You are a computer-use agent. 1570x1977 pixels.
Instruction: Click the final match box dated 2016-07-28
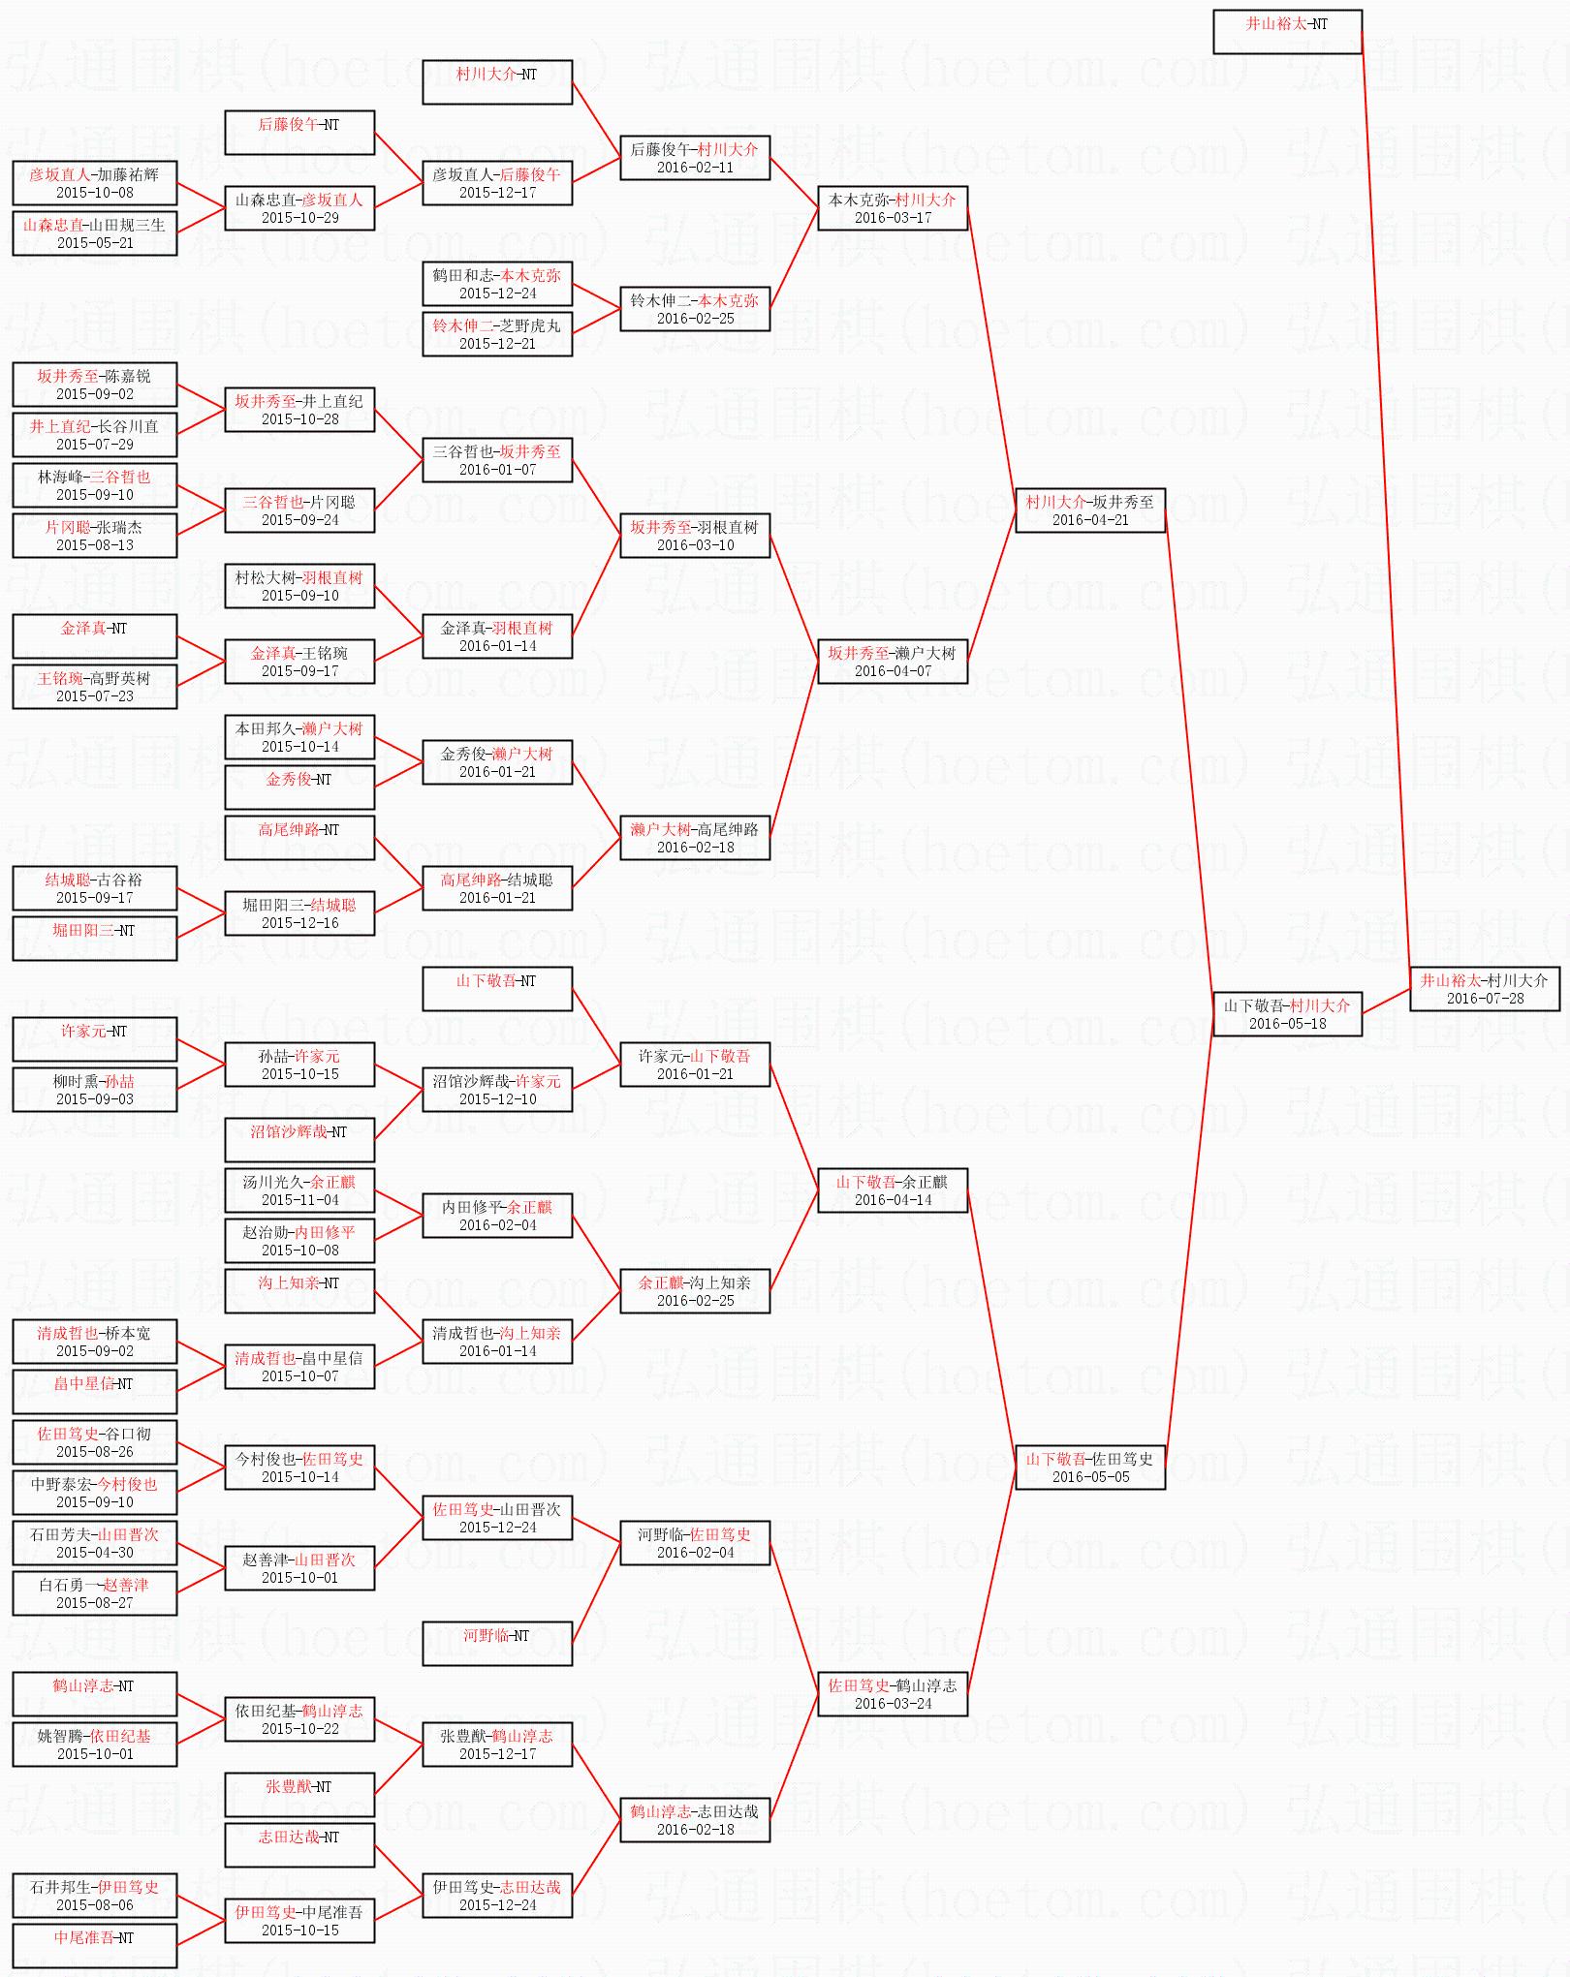click(x=1485, y=989)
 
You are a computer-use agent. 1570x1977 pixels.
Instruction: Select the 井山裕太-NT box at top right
click(x=1287, y=32)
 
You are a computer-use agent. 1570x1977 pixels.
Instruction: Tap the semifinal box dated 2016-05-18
click(x=1287, y=1014)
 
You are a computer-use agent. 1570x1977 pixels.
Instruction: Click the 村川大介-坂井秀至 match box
click(x=1089, y=510)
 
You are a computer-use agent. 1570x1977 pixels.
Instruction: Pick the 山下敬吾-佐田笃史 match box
click(x=1089, y=1467)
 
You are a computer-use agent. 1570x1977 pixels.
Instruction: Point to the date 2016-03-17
click(x=893, y=218)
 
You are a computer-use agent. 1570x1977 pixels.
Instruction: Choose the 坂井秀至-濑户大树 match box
click(x=893, y=662)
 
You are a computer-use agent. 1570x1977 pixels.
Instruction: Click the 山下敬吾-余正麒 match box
click(x=893, y=1190)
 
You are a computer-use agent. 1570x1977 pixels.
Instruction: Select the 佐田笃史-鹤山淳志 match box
click(x=893, y=1694)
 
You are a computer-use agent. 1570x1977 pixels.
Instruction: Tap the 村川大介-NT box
click(x=497, y=82)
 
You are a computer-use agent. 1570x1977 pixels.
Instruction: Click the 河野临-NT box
click(x=497, y=1644)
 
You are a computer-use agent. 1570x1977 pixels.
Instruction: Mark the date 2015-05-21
click(x=95, y=243)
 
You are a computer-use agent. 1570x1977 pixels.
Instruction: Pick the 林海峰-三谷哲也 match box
click(x=95, y=485)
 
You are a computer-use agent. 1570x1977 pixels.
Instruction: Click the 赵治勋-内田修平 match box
click(x=299, y=1241)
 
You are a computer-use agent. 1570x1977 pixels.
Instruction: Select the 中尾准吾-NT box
click(x=95, y=1946)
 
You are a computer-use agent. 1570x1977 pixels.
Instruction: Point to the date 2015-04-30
click(x=95, y=1553)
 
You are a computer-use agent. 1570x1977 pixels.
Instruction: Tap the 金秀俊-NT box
click(x=299, y=788)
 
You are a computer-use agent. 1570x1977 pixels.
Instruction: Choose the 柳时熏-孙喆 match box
click(x=95, y=1090)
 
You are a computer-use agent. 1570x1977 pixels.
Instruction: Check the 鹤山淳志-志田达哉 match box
click(x=695, y=1820)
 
